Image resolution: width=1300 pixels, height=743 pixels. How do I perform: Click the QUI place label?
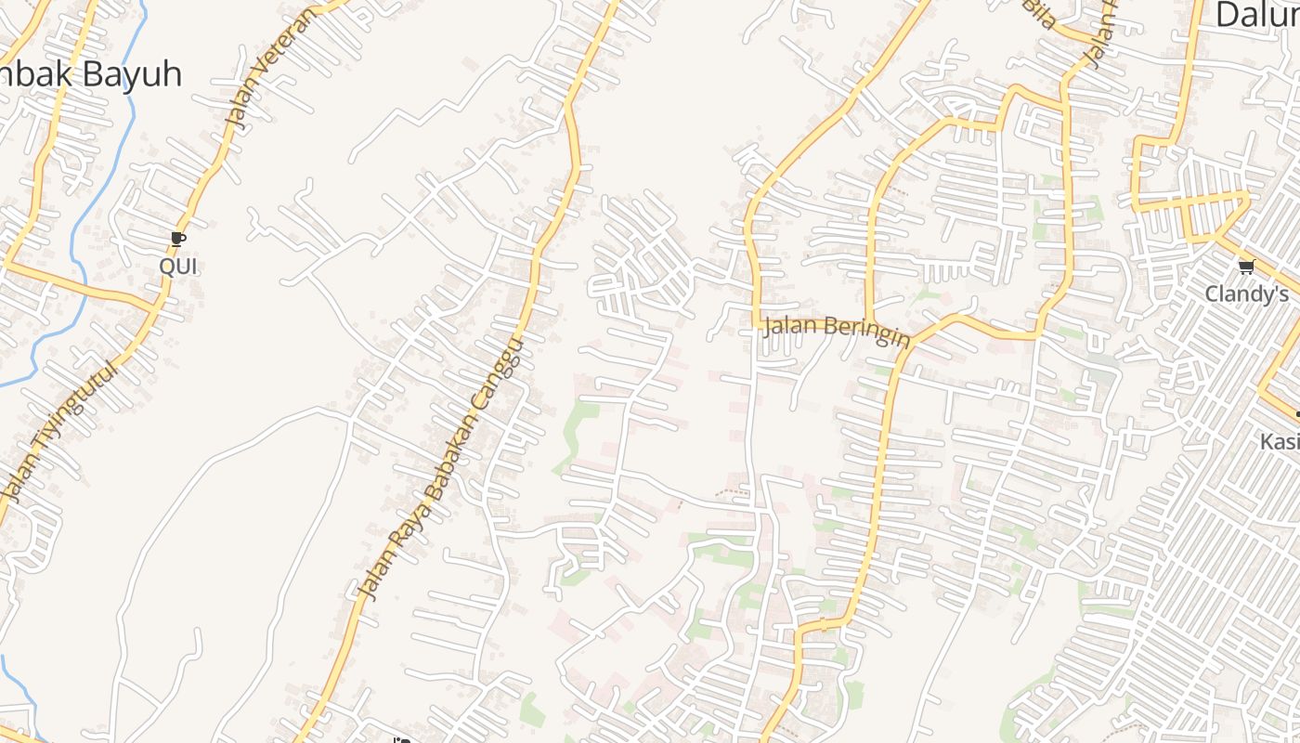coord(178,267)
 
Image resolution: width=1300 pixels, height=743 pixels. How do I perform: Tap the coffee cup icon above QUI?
coord(178,240)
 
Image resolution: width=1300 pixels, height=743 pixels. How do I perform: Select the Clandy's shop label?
coord(1247,293)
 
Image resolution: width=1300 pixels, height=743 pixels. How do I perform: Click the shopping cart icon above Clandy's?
coord(1246,267)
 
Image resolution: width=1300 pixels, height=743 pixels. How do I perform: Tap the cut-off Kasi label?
coord(1280,441)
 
